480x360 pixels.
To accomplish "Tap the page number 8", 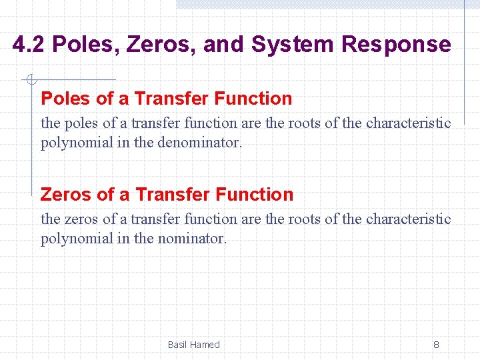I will click(436, 345).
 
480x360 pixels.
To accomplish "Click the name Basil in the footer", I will click(177, 345).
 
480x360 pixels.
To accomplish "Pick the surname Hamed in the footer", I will click(205, 345).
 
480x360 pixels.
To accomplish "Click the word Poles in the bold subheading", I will click(66, 99).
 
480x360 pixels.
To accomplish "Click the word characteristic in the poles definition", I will click(409, 123).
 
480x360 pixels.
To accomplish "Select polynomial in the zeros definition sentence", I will click(74, 238).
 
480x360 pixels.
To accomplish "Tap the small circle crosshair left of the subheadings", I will click(30, 81).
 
